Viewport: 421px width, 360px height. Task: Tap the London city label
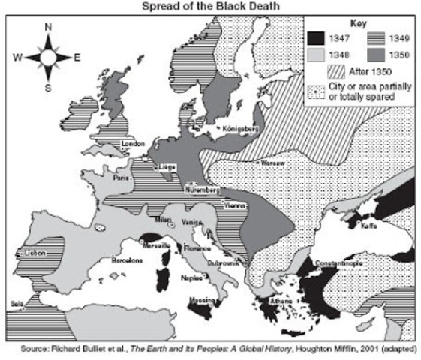pyautogui.click(x=132, y=143)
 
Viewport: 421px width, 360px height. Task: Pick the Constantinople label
pyautogui.click(x=340, y=263)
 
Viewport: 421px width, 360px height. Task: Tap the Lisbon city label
pyautogui.click(x=36, y=253)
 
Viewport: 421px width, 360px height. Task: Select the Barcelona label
pyautogui.click(x=127, y=260)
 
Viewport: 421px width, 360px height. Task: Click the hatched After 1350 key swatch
pyautogui.click(x=338, y=72)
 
